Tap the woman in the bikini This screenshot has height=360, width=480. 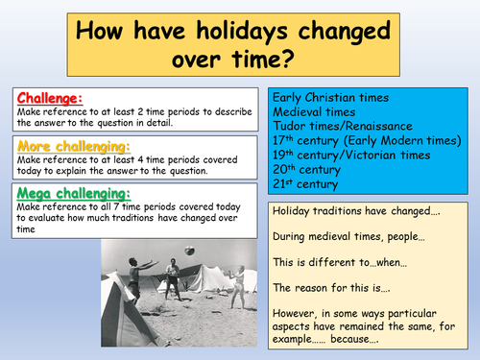coord(236,294)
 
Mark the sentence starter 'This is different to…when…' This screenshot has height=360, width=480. coord(337,260)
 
